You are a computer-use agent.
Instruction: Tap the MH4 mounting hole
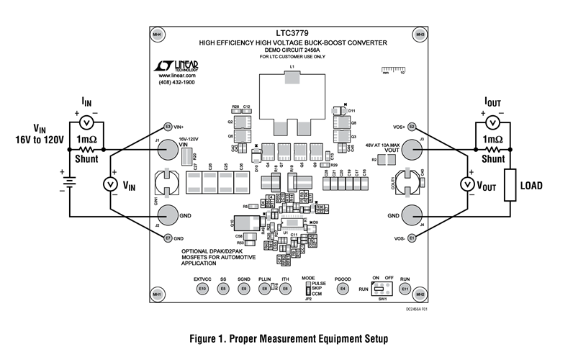[157, 35]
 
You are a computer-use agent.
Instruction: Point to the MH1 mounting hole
[157, 295]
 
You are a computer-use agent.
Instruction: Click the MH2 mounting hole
[420, 295]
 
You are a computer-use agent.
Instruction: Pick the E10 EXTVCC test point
[202, 289]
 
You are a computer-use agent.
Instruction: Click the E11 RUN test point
[405, 289]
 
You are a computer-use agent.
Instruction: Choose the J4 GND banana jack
[411, 215]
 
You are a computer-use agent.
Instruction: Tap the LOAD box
[513, 186]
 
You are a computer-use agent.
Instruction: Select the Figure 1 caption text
[286, 337]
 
